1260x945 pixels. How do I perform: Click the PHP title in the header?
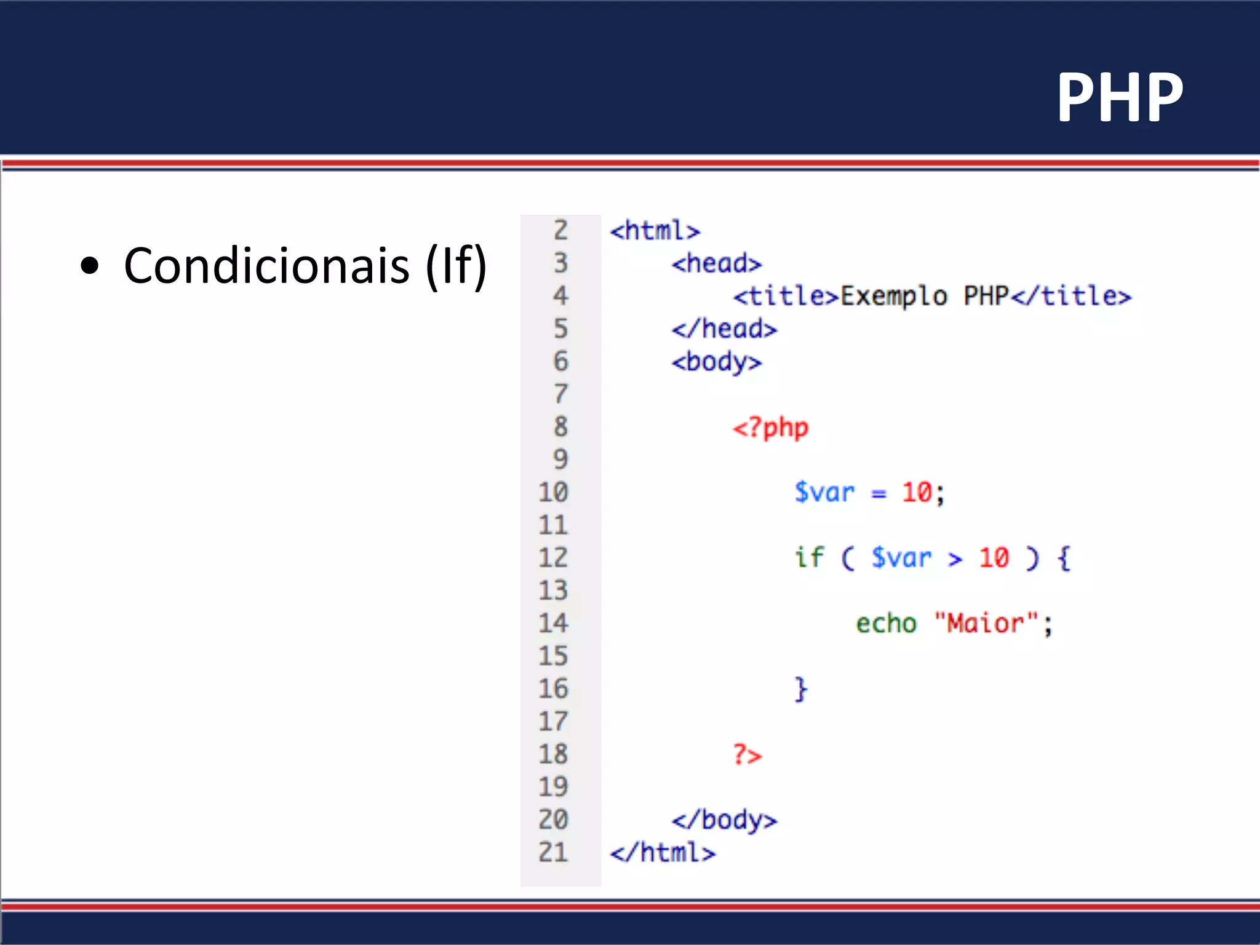click(1120, 97)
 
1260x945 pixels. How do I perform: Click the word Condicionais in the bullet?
click(266, 266)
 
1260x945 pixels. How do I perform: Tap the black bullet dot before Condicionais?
click(90, 266)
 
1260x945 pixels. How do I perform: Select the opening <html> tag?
click(655, 231)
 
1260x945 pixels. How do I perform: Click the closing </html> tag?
click(663, 853)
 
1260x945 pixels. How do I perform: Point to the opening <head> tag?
click(716, 264)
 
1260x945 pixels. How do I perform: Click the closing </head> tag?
click(724, 329)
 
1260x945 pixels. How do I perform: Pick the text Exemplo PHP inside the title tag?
click(924, 297)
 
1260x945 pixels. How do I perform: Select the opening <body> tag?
click(716, 362)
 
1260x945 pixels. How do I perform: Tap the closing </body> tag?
click(724, 820)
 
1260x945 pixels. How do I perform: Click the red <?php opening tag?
click(770, 428)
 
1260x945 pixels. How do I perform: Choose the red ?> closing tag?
click(747, 754)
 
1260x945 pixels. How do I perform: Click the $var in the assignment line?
click(824, 493)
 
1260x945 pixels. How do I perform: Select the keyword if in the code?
click(808, 558)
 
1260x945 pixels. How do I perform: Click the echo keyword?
click(886, 624)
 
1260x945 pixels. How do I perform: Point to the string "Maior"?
click(986, 624)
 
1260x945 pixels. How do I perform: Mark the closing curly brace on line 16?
click(800, 689)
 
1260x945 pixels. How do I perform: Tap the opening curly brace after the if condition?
click(1064, 558)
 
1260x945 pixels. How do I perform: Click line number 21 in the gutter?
click(552, 853)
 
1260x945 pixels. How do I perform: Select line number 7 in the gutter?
click(560, 394)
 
